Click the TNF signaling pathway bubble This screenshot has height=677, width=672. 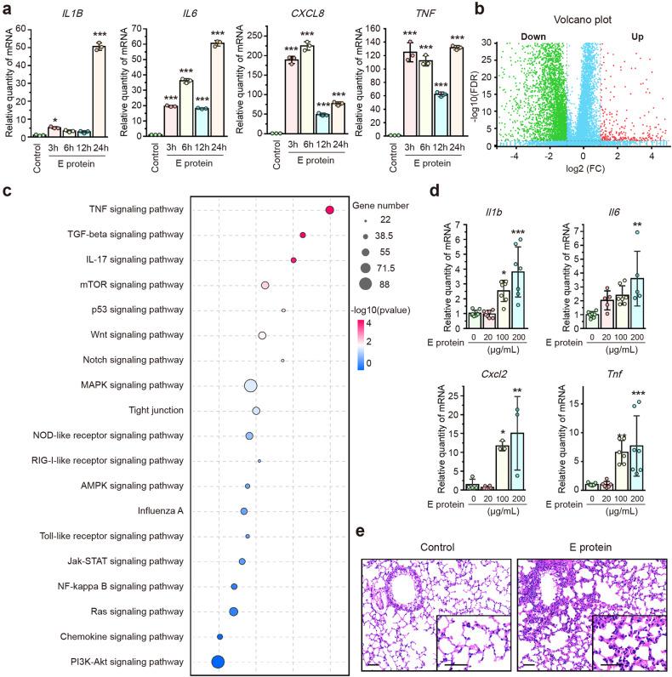click(329, 211)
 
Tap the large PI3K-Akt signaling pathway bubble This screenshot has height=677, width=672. click(218, 662)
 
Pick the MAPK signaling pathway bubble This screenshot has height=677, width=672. click(251, 386)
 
